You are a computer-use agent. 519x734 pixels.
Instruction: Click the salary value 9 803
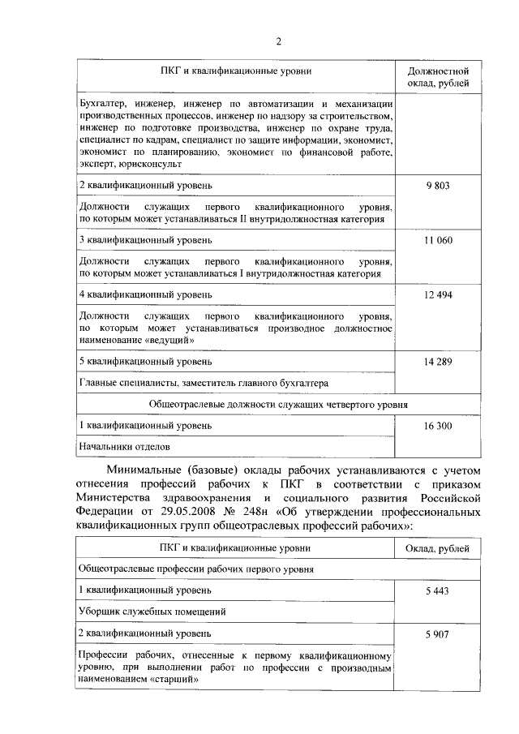pyautogui.click(x=438, y=186)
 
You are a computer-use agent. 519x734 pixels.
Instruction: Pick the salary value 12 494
pyautogui.click(x=438, y=294)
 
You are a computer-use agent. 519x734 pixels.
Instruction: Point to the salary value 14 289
pyautogui.click(x=438, y=362)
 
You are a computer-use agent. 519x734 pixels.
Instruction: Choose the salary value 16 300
pyautogui.click(x=438, y=424)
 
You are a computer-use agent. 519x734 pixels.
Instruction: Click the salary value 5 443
pyautogui.click(x=438, y=590)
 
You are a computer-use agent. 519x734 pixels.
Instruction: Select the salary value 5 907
pyautogui.click(x=438, y=634)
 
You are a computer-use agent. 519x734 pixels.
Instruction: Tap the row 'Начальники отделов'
pyautogui.click(x=125, y=446)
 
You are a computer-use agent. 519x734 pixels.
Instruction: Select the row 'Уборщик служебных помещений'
pyautogui.click(x=152, y=612)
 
